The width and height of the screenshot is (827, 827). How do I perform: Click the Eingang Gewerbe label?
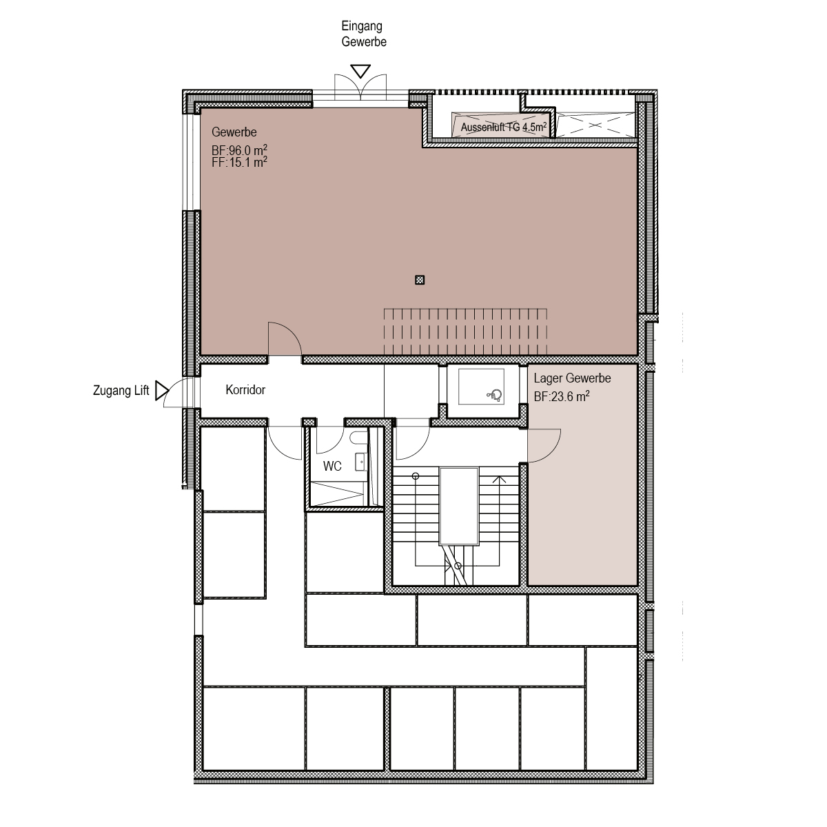(x=363, y=34)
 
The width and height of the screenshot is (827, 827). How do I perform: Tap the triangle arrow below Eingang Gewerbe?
(x=360, y=71)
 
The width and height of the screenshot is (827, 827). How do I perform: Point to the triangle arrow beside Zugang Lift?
(x=162, y=391)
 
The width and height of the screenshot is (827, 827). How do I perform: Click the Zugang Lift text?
(x=121, y=391)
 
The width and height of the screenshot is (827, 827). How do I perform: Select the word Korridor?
(x=245, y=389)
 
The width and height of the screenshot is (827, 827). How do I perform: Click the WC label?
(x=332, y=466)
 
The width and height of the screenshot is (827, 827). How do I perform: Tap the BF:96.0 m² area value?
(x=239, y=150)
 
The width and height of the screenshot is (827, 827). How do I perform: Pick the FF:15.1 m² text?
(x=239, y=162)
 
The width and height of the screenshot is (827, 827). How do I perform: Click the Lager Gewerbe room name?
(x=572, y=378)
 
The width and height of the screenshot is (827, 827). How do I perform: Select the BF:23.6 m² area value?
(x=562, y=396)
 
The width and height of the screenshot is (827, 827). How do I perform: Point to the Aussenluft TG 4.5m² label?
(x=503, y=127)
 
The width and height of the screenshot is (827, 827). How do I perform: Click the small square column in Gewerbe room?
(x=420, y=280)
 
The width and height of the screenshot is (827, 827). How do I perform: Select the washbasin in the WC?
(x=361, y=462)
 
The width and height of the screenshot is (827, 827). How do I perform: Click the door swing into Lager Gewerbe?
(x=544, y=445)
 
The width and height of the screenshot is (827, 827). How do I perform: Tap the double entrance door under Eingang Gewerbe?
(x=360, y=87)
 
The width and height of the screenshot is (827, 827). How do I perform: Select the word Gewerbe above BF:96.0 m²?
(x=234, y=132)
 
